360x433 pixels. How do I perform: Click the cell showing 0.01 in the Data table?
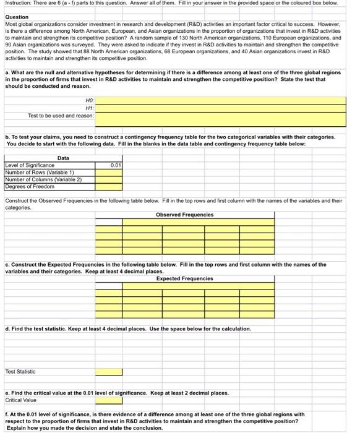click(108, 165)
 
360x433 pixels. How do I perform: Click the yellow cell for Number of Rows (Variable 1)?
click(108, 173)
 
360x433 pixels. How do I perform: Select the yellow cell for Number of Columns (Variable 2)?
click(108, 179)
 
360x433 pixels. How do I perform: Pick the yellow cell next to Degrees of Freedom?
click(108, 186)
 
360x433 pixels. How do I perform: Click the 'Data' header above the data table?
click(63, 158)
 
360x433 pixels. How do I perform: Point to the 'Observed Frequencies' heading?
click(184, 215)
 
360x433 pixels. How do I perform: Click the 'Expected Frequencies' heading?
click(184, 278)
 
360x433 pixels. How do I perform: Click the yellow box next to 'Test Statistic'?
click(108, 372)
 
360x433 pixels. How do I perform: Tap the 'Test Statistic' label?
click(20, 372)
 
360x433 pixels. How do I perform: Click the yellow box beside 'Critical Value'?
click(108, 400)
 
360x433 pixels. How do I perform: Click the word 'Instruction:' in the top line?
click(17, 4)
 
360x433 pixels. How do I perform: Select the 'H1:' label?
click(89, 107)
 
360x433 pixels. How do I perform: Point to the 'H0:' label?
click(89, 100)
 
